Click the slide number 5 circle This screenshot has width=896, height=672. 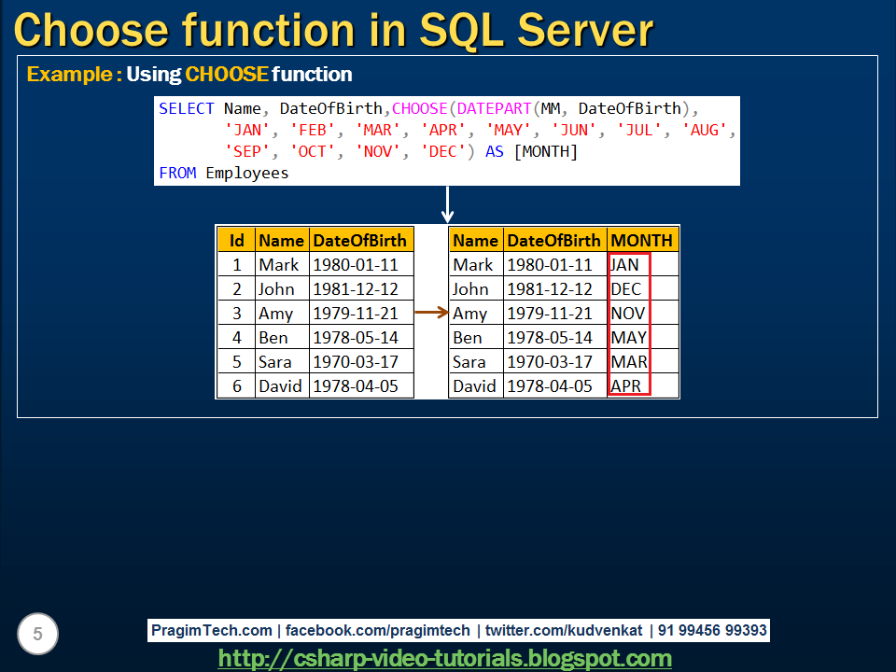click(37, 635)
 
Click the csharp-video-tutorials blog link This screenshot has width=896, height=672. click(444, 658)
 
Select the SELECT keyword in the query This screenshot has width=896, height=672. click(187, 108)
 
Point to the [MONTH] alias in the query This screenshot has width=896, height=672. click(545, 151)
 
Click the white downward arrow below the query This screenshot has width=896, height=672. click(447, 203)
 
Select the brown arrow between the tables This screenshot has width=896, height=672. click(431, 314)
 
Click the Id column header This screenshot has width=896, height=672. click(236, 240)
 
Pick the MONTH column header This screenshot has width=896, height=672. click(641, 240)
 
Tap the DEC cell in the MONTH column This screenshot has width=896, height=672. click(626, 289)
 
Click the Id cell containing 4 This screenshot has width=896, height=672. click(236, 338)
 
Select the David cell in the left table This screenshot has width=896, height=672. click(281, 386)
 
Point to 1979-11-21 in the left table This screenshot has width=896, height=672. click(356, 314)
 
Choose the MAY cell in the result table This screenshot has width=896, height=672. click(628, 338)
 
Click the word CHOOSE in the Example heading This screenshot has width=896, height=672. click(227, 74)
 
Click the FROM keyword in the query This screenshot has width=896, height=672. click(177, 173)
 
